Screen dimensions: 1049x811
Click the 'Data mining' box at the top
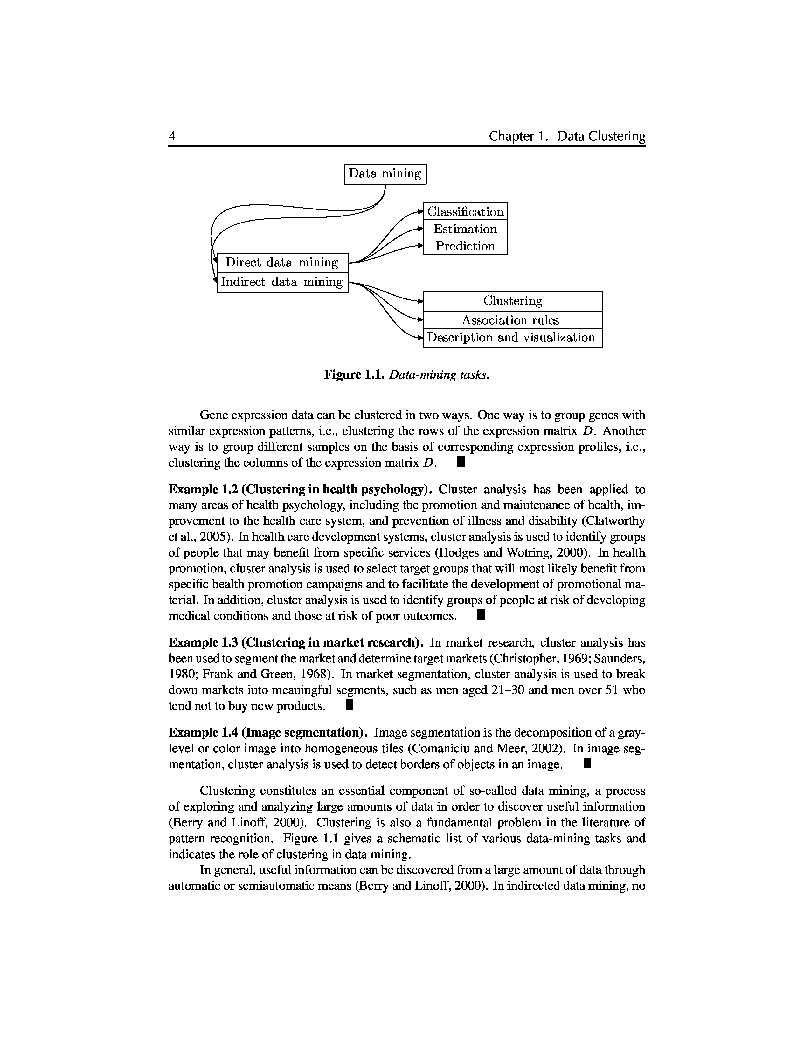[385, 174]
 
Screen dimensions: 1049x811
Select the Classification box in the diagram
[465, 212]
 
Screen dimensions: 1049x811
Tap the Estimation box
[465, 229]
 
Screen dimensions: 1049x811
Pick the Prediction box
[465, 246]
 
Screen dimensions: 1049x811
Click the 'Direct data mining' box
[282, 263]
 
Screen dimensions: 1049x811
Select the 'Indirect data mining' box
[282, 282]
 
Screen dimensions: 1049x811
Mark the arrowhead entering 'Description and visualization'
[420, 338]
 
